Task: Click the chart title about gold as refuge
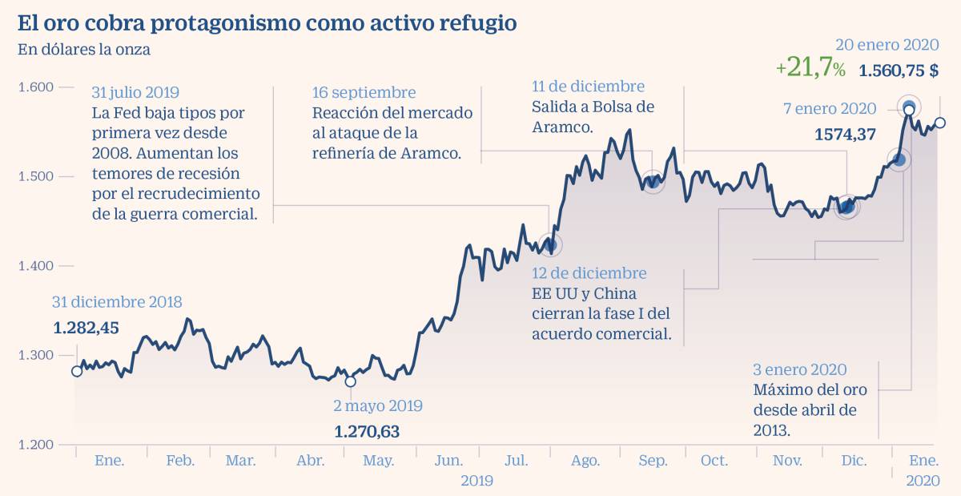click(267, 23)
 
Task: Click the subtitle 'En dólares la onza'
click(84, 50)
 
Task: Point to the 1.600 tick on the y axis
click(35, 87)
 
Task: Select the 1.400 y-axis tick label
click(35, 266)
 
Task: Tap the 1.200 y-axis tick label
click(35, 445)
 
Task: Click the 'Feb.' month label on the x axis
click(180, 461)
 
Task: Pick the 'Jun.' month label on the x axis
click(448, 461)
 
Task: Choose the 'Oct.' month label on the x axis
click(714, 461)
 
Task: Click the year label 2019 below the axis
click(476, 481)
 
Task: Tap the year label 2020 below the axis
click(923, 481)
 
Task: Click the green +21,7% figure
click(810, 69)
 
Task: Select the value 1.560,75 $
click(899, 71)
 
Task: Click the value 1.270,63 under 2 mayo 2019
click(366, 432)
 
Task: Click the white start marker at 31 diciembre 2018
click(77, 371)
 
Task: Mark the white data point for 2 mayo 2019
click(350, 381)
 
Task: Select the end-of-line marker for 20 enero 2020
click(940, 123)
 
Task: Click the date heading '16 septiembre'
click(364, 92)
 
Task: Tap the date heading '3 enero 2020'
click(799, 369)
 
